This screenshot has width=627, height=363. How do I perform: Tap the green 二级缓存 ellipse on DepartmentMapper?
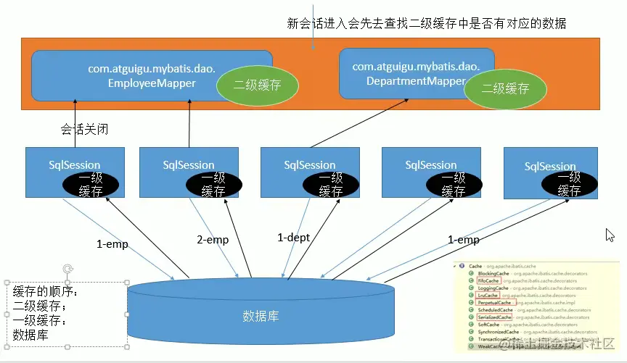pos(506,88)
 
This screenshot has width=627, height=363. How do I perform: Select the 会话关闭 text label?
pos(84,130)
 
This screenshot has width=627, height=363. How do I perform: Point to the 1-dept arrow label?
pos(295,237)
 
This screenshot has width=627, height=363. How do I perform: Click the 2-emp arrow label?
pos(213,240)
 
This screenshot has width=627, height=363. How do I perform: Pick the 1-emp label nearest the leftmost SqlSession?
pos(112,244)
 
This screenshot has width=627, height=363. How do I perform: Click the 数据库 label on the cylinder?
pos(261,317)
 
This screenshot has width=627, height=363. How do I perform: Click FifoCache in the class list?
pos(488,280)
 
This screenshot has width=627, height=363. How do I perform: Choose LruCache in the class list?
pos(488,295)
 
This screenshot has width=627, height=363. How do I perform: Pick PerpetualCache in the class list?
pos(496,302)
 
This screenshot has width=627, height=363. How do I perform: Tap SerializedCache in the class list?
pos(495,317)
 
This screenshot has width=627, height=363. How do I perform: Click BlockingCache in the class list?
pos(493,273)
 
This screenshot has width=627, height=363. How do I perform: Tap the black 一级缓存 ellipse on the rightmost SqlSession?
pos(569,184)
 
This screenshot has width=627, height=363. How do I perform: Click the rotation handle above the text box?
pos(67,269)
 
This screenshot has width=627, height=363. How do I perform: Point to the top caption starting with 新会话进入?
pos(427,24)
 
